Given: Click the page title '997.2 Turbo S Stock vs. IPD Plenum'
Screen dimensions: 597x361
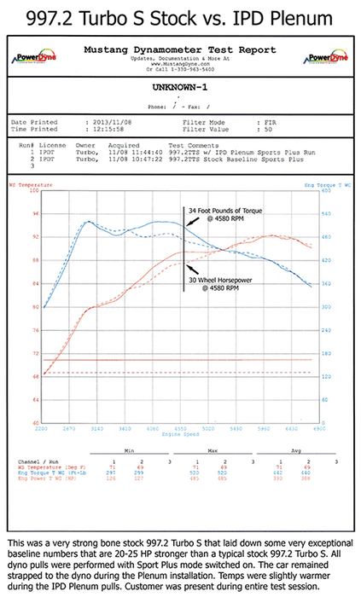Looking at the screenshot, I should click(180, 16).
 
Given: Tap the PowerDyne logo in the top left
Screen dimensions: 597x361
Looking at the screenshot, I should click(32, 59).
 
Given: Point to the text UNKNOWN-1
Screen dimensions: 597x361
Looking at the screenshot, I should click(180, 87).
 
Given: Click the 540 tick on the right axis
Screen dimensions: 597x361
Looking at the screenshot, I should click(327, 212).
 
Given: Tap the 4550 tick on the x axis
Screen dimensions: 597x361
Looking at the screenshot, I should click(183, 428).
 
